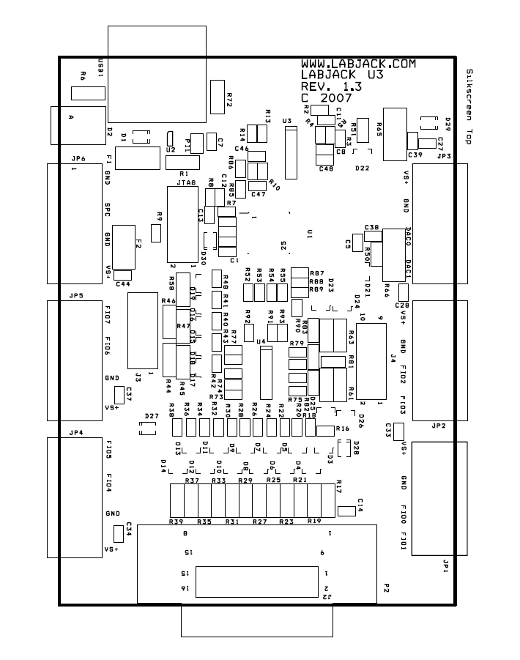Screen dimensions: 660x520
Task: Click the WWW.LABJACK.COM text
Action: [358, 64]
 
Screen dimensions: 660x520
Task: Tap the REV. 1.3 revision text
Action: [334, 86]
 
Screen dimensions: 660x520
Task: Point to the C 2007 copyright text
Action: [327, 97]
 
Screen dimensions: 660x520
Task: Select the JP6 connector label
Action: [78, 158]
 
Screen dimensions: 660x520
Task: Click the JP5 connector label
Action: [76, 295]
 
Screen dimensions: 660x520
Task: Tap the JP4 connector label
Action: [76, 432]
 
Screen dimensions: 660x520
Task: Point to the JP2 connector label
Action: [439, 426]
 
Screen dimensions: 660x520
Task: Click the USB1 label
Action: [101, 65]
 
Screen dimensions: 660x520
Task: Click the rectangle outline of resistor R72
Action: [217, 97]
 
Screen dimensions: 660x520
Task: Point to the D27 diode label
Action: [152, 416]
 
